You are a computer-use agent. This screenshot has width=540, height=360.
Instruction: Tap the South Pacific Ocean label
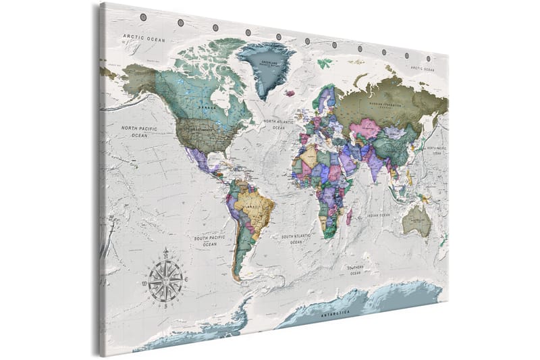click(210, 241)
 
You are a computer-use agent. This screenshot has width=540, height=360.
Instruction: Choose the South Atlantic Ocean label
click(296, 238)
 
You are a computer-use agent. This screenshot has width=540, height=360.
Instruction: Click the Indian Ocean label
click(379, 215)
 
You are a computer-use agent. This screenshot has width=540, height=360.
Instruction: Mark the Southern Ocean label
click(356, 269)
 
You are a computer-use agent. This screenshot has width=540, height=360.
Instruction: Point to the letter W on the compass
click(144, 284)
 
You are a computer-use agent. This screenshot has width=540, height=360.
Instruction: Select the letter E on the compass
click(186, 277)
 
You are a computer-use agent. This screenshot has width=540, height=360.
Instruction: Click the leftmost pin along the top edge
click(143, 16)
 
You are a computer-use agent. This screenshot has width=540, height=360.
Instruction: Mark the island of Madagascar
click(350, 217)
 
